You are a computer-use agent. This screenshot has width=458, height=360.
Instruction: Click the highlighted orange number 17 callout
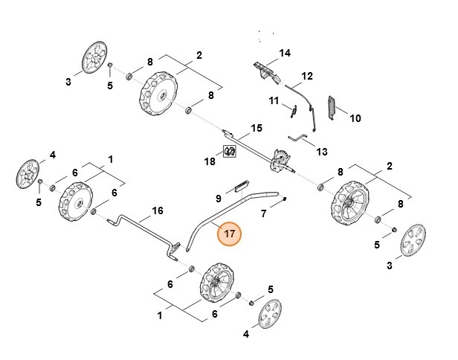[x=229, y=234]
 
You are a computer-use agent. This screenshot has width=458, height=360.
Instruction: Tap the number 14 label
[x=284, y=53]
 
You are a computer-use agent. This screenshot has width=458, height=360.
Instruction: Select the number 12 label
[x=306, y=76]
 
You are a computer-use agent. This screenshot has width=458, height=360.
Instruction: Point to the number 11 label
[x=273, y=100]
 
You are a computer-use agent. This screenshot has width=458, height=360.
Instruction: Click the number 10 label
[x=355, y=118]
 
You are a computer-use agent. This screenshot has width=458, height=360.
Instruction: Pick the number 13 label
[x=321, y=151]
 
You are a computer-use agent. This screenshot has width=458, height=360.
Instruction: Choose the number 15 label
[x=256, y=128]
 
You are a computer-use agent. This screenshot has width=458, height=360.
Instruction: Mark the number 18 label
[x=210, y=161]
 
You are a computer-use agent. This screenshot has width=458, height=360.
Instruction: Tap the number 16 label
[x=157, y=210]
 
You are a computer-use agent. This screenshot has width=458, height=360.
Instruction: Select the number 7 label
[x=262, y=214]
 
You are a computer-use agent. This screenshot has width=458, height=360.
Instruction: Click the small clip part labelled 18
[x=230, y=152]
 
